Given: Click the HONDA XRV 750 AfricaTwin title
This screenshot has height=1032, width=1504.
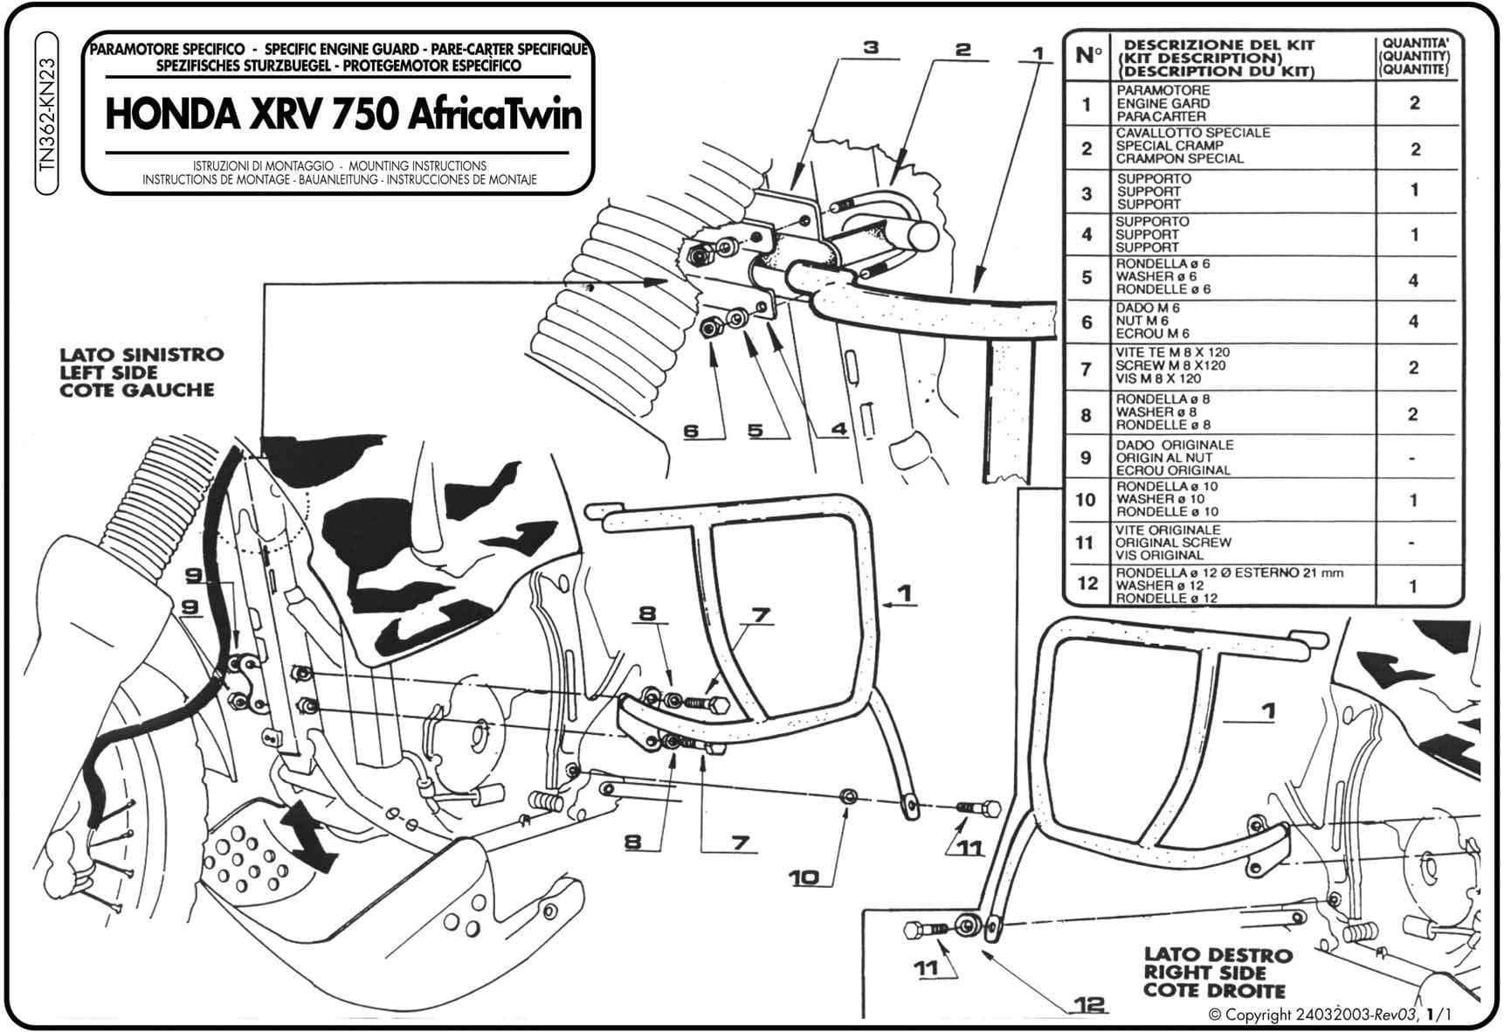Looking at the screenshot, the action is pos(343,115).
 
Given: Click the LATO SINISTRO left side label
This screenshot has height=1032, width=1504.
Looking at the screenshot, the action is pos(141,372).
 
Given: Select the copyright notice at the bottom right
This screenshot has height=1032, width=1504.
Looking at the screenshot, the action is pos(1332,1015).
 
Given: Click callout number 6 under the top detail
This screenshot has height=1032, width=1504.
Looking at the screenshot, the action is pos(692,431).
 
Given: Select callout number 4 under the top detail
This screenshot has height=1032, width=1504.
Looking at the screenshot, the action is pos(838,430).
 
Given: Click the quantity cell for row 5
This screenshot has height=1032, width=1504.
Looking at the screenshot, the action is pos(1414,280).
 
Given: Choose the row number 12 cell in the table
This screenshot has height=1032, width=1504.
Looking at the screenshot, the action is pos(1087,584).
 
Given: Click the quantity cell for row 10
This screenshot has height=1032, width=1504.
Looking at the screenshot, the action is pos(1414,500).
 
